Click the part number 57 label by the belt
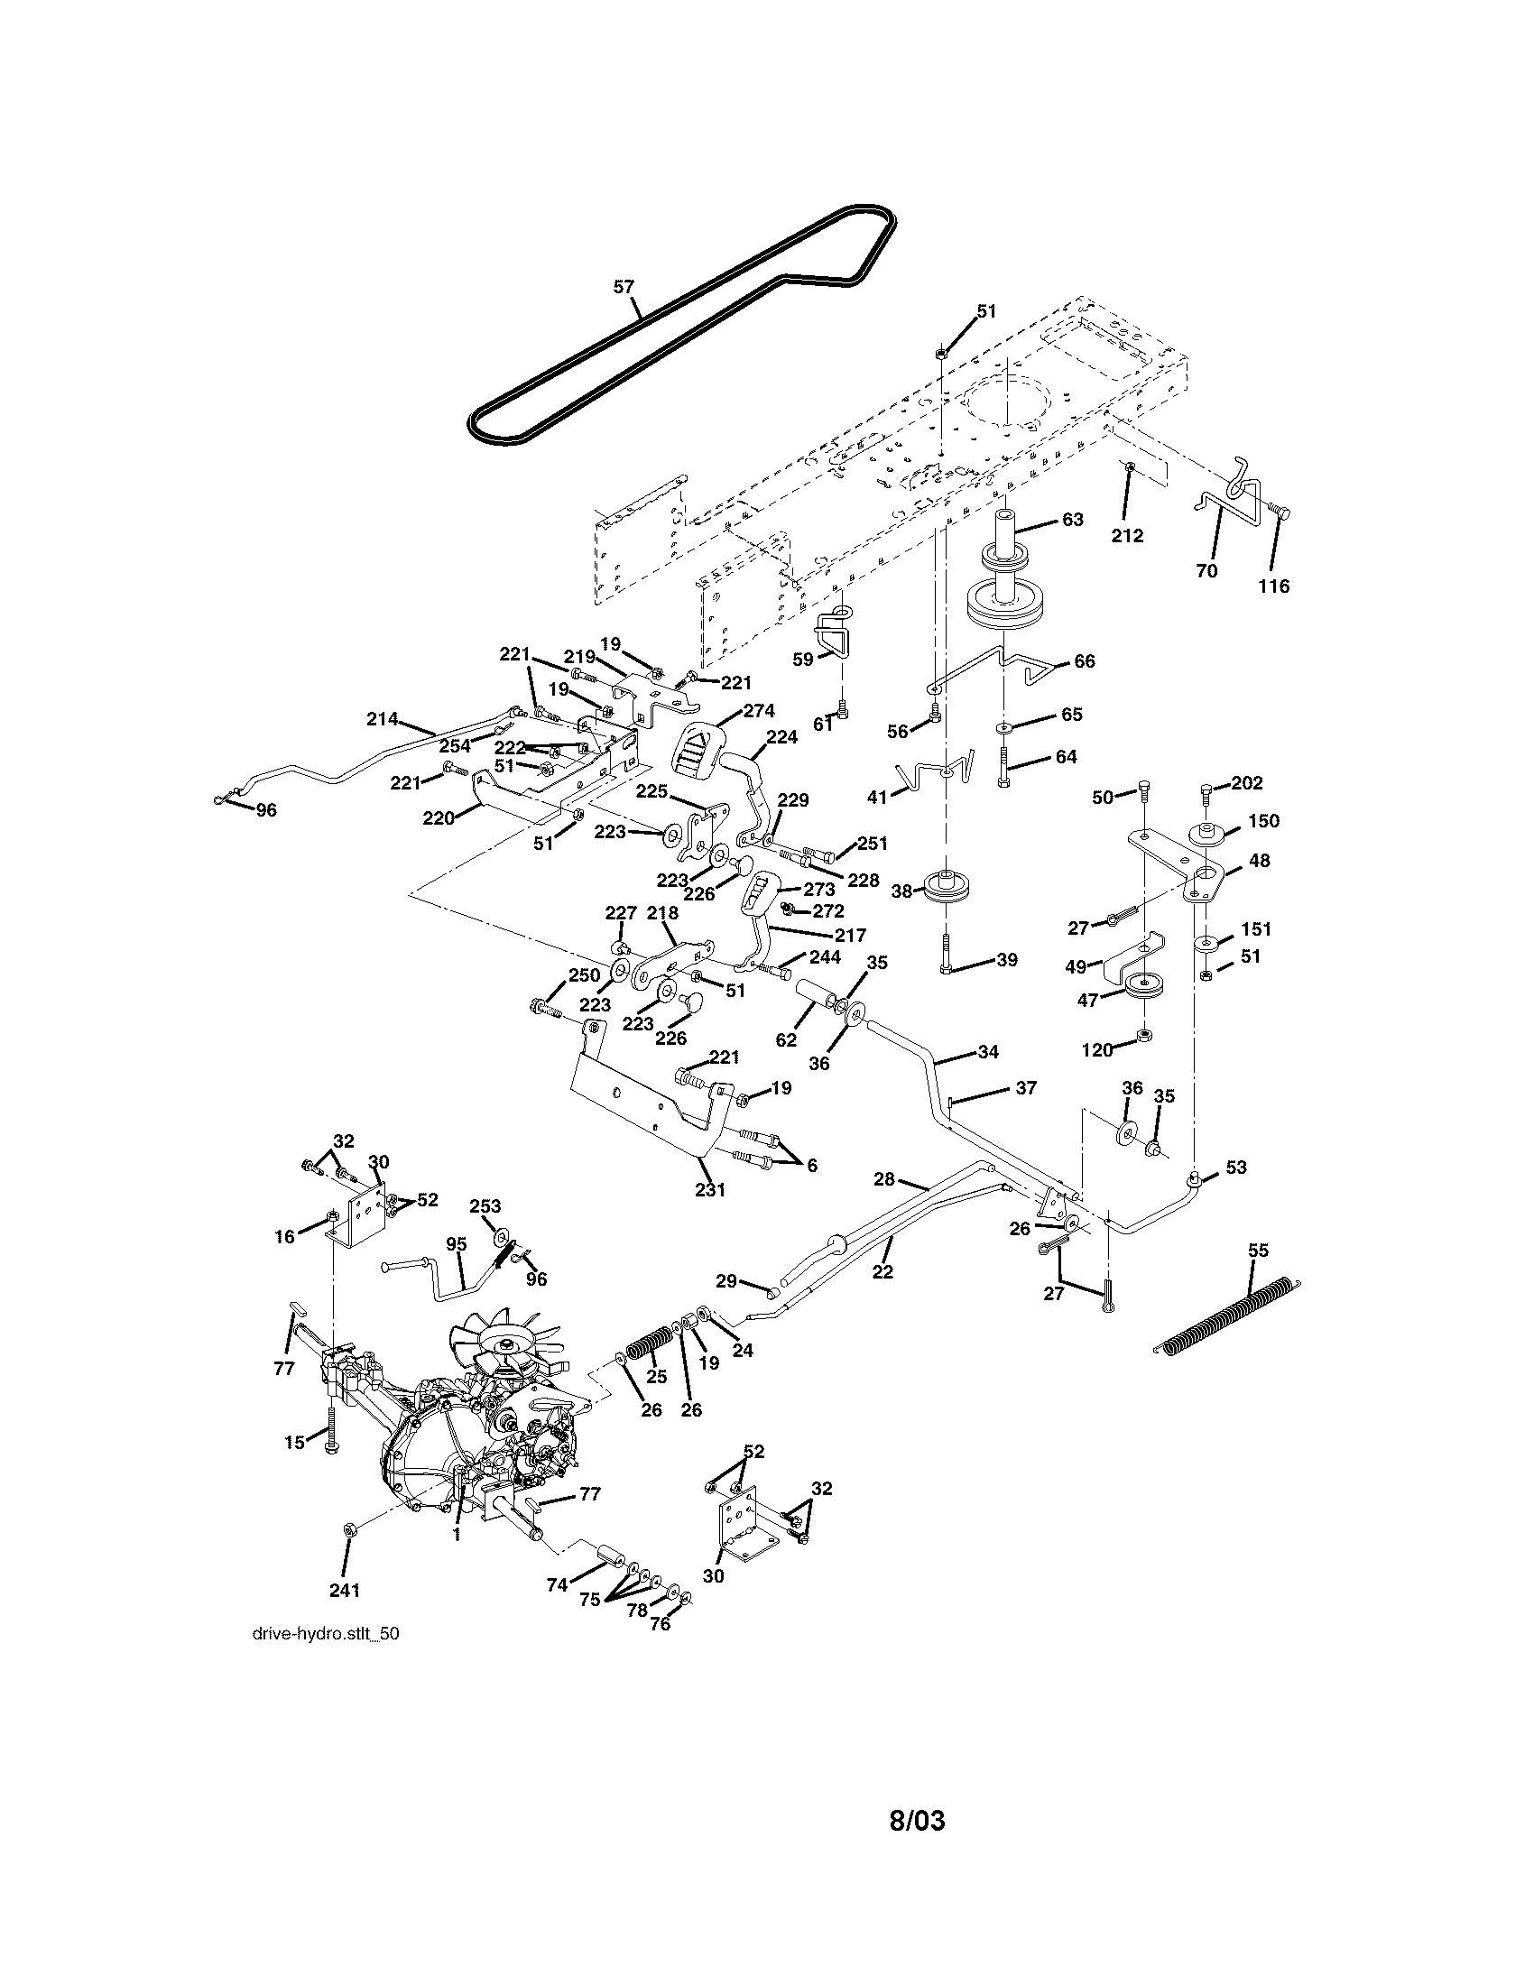coord(624,286)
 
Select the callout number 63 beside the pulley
coord(1072,520)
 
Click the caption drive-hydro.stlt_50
coord(326,1633)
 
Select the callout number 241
coord(345,1591)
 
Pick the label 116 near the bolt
coord(1273,586)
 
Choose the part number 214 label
coord(383,719)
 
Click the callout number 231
coord(710,1189)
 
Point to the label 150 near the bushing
coord(1263,821)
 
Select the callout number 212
coord(1127,535)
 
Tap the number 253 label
coord(485,1206)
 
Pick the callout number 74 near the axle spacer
coord(557,1584)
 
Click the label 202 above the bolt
coord(1247,782)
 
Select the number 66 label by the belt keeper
coord(1084,660)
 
